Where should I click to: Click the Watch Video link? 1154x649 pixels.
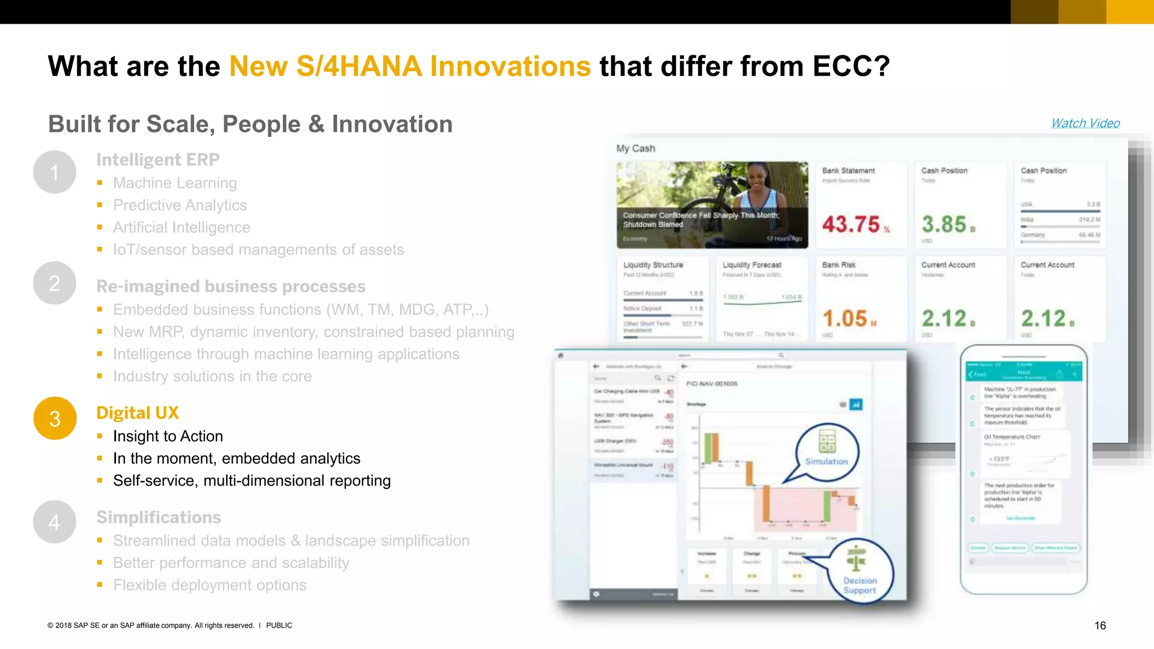click(x=1085, y=123)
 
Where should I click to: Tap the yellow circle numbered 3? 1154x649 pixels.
click(x=55, y=419)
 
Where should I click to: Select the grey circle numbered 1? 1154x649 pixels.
click(x=55, y=172)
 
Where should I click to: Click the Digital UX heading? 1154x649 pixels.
click(x=137, y=413)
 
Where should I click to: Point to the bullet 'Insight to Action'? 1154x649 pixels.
click(x=168, y=436)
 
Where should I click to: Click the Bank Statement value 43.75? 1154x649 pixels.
click(x=851, y=225)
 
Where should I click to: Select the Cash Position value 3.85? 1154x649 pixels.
click(x=944, y=225)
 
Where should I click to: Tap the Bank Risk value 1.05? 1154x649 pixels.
click(x=845, y=319)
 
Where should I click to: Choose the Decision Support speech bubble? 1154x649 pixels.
click(x=860, y=571)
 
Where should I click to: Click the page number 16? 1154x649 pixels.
click(x=1100, y=625)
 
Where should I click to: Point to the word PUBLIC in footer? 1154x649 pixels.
click(x=279, y=625)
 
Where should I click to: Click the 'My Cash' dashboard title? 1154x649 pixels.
click(x=636, y=149)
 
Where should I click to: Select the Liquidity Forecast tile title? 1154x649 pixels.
click(x=752, y=265)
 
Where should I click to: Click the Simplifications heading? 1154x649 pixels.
click(x=158, y=517)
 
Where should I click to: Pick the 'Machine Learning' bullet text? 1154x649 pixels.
click(x=175, y=183)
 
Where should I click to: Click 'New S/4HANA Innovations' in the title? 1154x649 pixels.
click(x=410, y=66)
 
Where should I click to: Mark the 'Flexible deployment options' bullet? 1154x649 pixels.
click(x=210, y=585)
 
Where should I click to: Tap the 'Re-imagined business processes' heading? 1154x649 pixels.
click(x=230, y=286)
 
